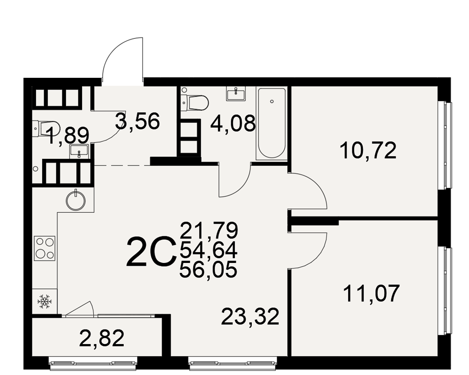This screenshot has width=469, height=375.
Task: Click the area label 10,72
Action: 368,150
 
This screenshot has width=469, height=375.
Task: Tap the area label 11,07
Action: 371,293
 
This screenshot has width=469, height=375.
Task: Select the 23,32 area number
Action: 250,316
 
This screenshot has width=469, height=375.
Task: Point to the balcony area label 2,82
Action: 102,338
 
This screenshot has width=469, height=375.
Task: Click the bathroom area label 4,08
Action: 233,123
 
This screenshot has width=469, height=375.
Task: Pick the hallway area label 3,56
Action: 137,121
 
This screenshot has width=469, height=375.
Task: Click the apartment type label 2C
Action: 150,252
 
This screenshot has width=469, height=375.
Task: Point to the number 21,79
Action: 209,230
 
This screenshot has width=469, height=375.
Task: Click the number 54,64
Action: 209,249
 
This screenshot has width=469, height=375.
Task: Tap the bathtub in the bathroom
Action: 271,123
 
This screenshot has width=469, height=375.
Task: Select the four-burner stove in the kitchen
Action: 45,248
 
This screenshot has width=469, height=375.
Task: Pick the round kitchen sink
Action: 76,200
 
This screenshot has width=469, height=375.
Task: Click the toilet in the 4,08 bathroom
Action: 195,103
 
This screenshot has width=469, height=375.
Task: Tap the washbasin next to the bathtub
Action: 236,94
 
